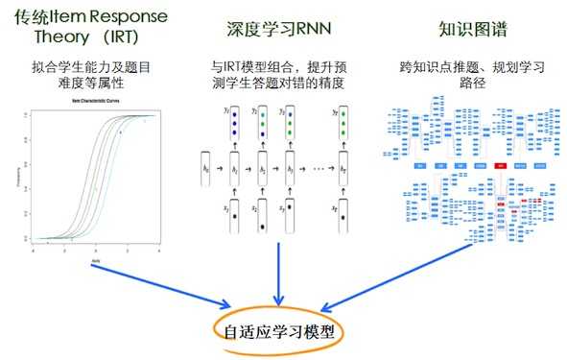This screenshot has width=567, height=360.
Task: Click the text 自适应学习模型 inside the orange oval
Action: point(276,333)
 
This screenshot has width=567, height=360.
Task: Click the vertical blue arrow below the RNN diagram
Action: point(279,275)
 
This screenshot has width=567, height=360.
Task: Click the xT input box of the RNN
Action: point(343,219)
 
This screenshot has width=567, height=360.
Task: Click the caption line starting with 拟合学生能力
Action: point(92,69)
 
